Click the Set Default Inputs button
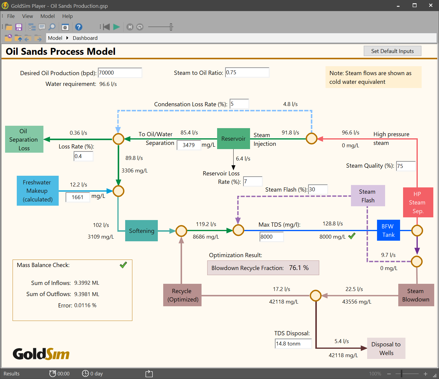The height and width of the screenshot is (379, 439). [392, 51]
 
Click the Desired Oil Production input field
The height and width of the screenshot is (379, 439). [120, 73]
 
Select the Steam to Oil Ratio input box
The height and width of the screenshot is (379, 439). [247, 72]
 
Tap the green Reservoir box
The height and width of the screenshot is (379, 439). [233, 139]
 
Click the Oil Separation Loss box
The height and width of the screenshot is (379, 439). [24, 140]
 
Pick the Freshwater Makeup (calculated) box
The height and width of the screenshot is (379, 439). [38, 191]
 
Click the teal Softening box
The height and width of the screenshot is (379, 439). [141, 231]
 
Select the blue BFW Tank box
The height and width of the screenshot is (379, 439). [388, 231]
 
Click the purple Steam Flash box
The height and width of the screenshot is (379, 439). [368, 196]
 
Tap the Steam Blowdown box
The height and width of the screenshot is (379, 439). [416, 295]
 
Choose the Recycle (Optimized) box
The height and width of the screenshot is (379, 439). [182, 295]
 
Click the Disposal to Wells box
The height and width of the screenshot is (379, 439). [386, 348]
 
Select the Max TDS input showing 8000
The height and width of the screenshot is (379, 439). [271, 237]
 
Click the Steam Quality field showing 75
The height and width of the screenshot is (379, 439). [406, 166]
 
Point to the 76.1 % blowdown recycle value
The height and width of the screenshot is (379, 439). [299, 268]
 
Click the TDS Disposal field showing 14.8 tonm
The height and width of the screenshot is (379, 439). [293, 344]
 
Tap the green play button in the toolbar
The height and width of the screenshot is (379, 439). [116, 27]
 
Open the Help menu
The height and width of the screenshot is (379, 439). [67, 16]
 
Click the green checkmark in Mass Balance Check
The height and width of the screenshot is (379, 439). [123, 265]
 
